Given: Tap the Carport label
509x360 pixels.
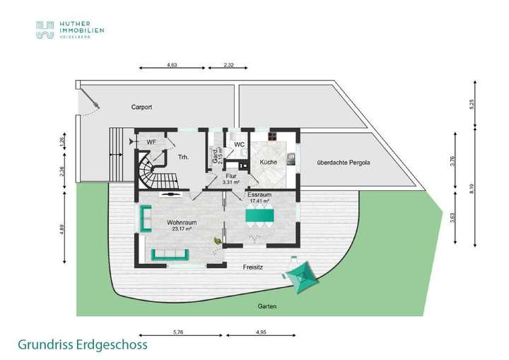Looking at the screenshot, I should click(142, 108).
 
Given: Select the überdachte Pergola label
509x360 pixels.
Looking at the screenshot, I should click(344, 162).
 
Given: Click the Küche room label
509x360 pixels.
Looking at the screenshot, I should click(268, 163).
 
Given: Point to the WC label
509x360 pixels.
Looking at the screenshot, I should click(240, 144).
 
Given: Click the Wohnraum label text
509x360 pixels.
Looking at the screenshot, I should click(182, 222).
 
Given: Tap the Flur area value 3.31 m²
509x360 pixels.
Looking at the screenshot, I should click(230, 182).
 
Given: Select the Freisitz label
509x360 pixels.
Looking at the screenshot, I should click(252, 267).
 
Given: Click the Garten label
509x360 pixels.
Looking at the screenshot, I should click(267, 306).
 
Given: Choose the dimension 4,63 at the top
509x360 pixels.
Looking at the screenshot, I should click(171, 65).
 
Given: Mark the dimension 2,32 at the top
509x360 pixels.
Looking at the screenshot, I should click(229, 65).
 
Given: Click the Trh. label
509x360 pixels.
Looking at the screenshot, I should click(183, 156).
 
